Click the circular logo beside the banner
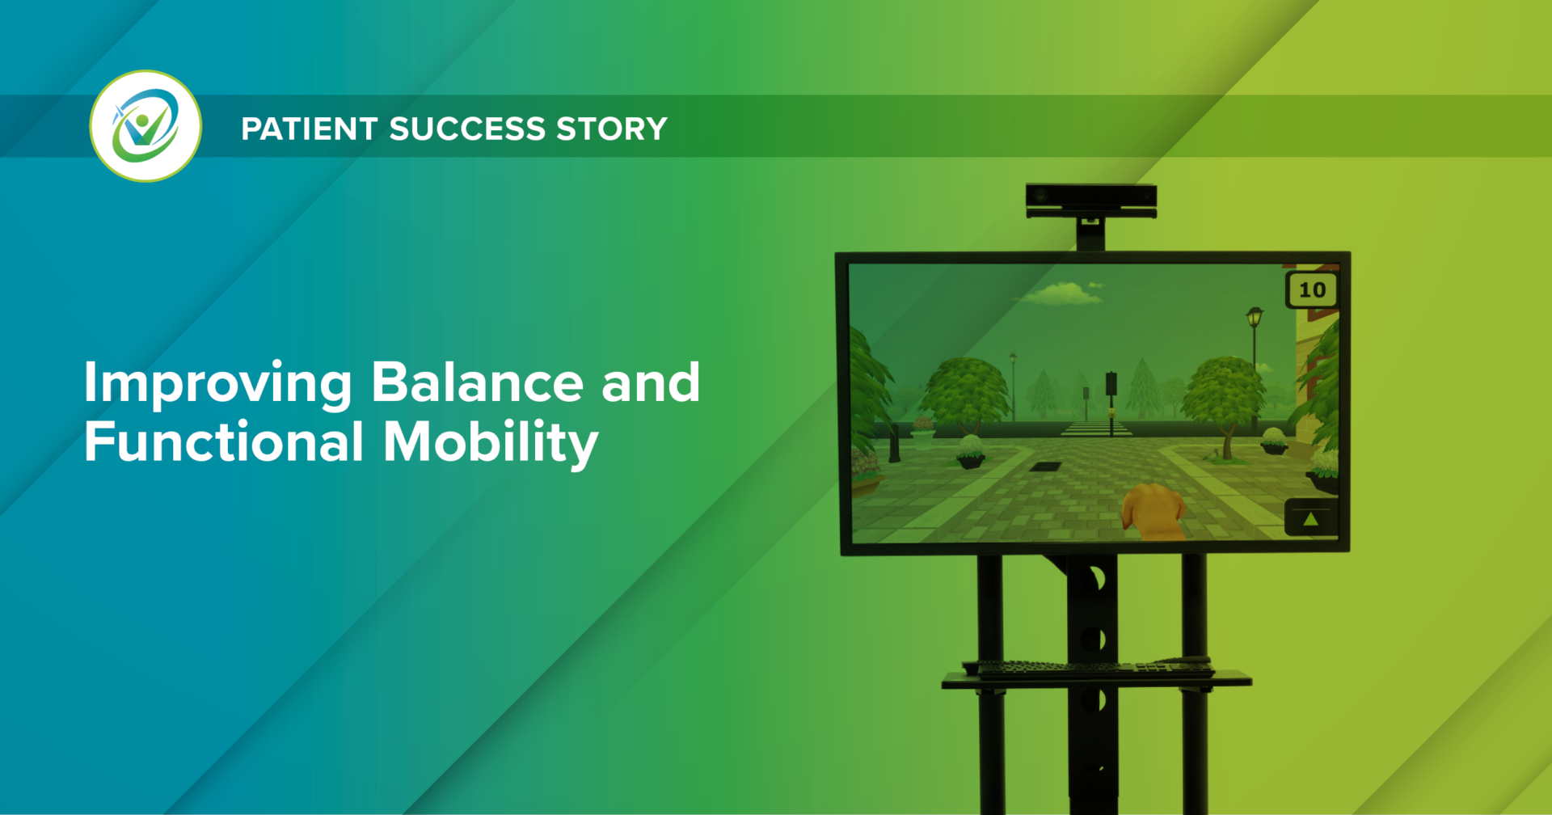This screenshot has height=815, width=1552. [x=145, y=126]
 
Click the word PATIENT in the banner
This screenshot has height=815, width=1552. [x=309, y=129]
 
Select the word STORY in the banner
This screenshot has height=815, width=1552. [x=612, y=129]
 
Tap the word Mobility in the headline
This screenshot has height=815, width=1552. [x=490, y=444]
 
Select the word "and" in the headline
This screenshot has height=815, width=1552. [x=651, y=382]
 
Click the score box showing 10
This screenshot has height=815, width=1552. [x=1312, y=289]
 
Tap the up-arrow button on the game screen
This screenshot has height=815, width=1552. [x=1310, y=519]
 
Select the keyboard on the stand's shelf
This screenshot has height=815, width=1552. [x=1088, y=668]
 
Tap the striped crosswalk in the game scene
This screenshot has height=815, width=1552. [x=1095, y=429]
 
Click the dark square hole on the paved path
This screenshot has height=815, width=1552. [x=1045, y=466]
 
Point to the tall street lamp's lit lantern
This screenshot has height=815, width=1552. [x=1255, y=315]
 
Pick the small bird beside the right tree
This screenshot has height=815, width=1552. [x=1263, y=367]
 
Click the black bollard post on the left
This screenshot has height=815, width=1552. [x=894, y=442]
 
